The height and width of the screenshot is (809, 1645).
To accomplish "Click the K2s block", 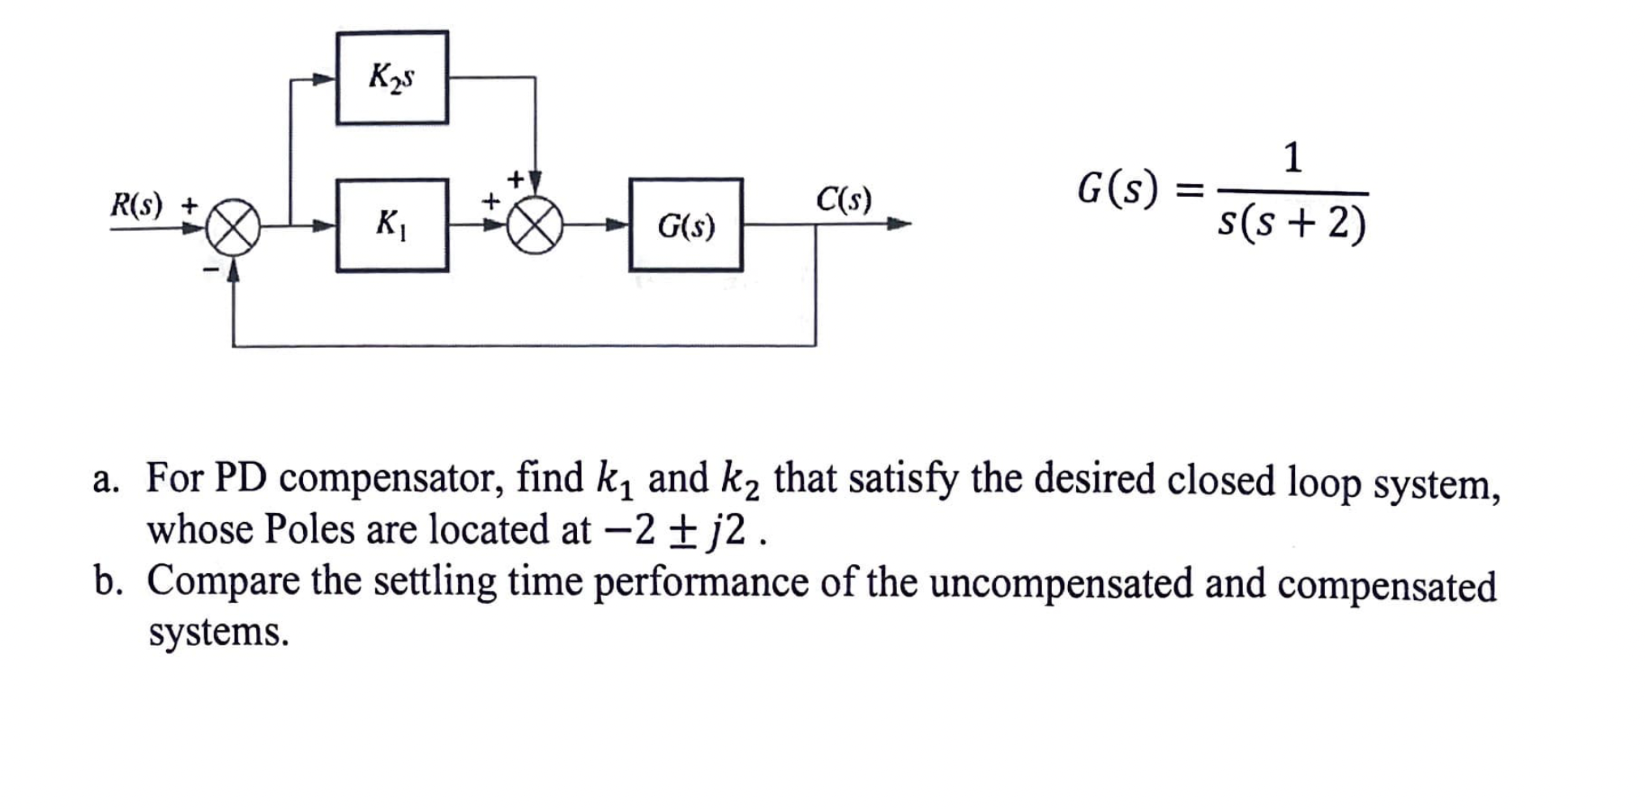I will click(x=391, y=78).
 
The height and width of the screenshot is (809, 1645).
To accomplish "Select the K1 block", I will click(x=391, y=225).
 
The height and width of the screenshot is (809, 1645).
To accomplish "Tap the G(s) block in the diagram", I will click(x=686, y=225).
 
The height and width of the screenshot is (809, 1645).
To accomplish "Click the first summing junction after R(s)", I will click(x=233, y=228).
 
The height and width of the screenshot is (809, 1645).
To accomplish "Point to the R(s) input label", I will click(x=136, y=204).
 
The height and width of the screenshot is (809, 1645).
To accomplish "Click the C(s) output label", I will click(x=844, y=199).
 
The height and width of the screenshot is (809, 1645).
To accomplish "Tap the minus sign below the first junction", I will click(x=211, y=268).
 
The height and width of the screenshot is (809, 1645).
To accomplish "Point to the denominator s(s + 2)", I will click(x=1292, y=223).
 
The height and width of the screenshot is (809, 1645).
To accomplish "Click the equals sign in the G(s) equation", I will click(x=1188, y=192).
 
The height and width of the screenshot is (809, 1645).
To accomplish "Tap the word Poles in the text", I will click(x=310, y=530).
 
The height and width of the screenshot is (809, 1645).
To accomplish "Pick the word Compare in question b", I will click(x=223, y=584).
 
